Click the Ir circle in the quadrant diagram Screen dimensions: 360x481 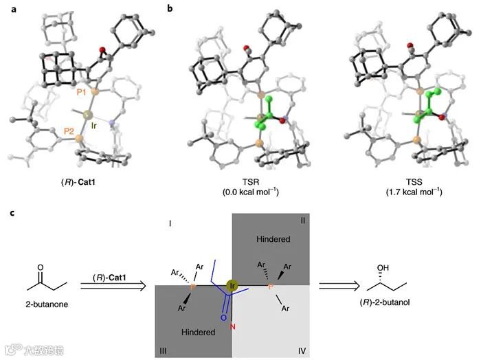(x=232, y=285)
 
